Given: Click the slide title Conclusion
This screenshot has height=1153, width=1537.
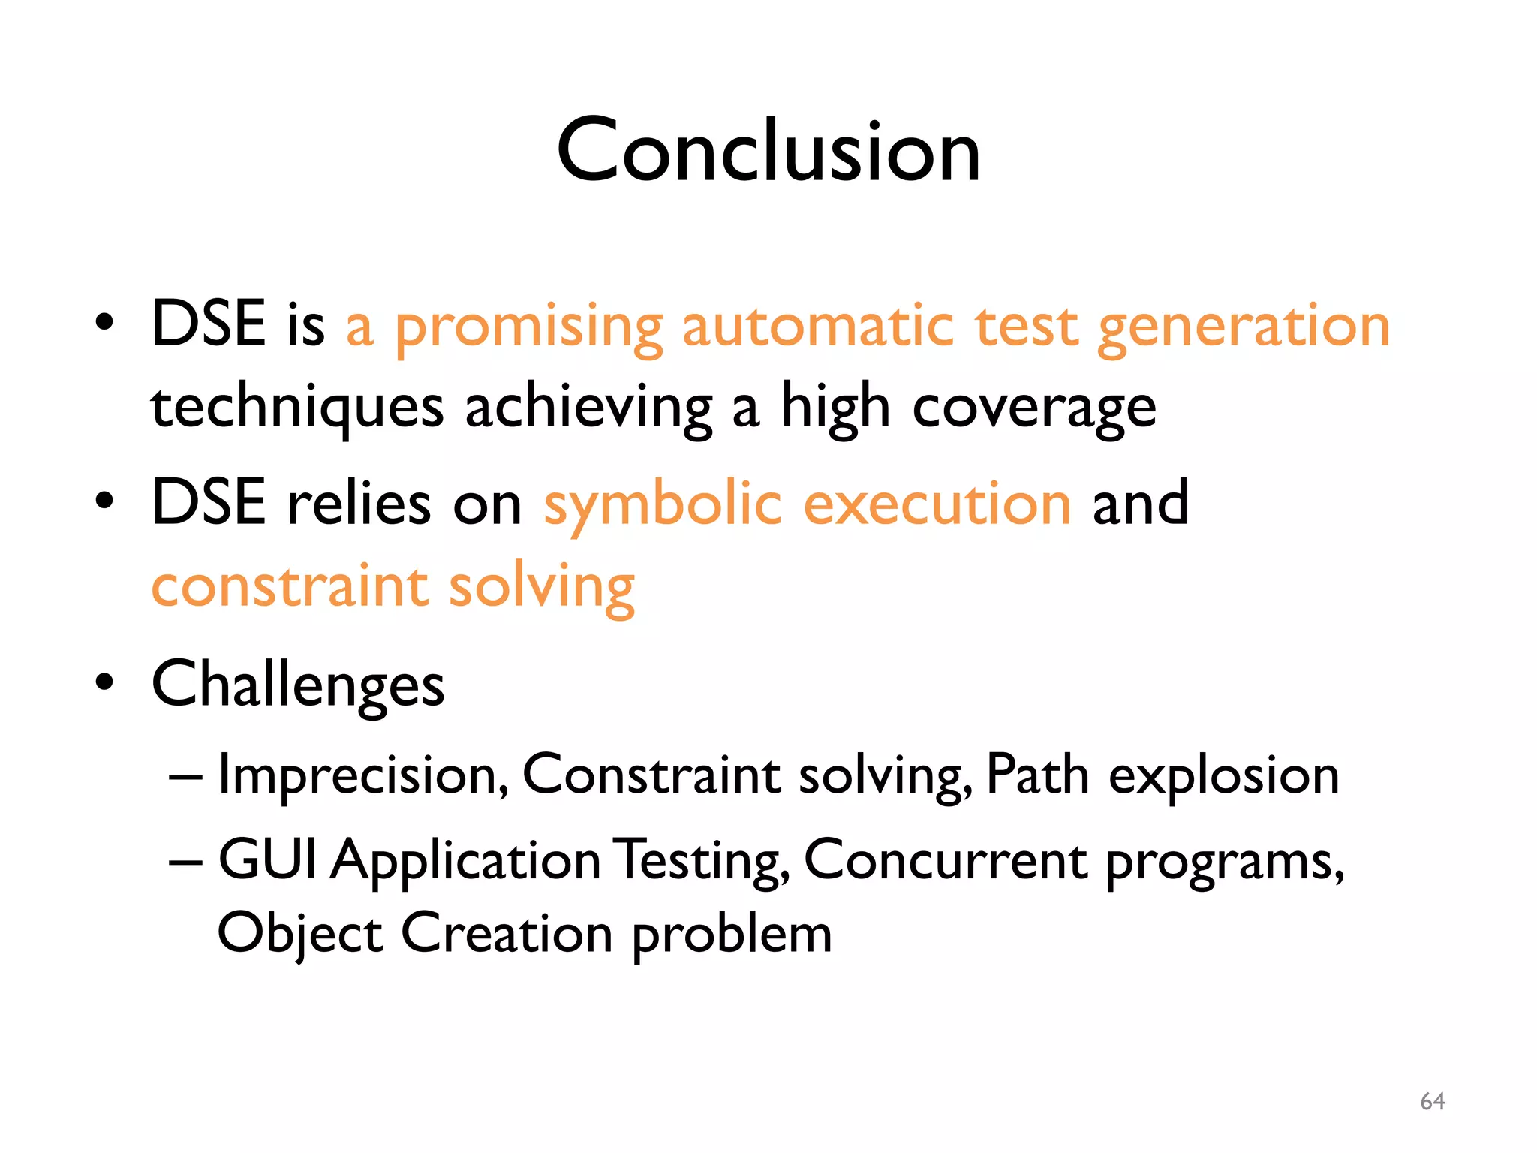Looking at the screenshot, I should click(x=768, y=152).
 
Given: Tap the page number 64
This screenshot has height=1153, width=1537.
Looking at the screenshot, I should click(x=1432, y=1101).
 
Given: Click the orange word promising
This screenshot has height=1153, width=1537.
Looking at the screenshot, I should click(x=529, y=328).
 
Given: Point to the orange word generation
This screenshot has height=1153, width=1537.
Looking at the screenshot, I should click(x=1244, y=328).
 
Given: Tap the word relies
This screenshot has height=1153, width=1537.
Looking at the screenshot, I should click(x=359, y=504).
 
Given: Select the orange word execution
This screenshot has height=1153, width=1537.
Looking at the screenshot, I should click(x=937, y=504).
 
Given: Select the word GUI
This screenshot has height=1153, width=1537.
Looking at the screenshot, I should click(x=267, y=859).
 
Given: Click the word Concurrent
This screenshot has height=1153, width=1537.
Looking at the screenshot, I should click(x=945, y=859).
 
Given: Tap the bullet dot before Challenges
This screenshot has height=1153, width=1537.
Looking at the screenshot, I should click(x=104, y=682).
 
